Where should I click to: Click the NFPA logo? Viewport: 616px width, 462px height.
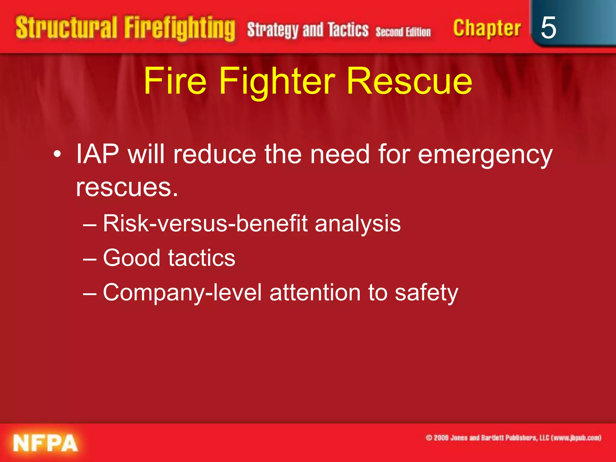click(45, 443)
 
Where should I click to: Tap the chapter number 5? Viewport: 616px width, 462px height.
click(548, 28)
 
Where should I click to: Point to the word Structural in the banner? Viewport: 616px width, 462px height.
click(66, 28)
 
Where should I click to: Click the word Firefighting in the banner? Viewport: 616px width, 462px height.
click(180, 29)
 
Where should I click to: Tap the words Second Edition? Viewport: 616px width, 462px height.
click(403, 32)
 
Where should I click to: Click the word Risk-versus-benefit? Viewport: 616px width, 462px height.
click(205, 223)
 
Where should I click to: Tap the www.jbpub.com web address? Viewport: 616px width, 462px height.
click(577, 438)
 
